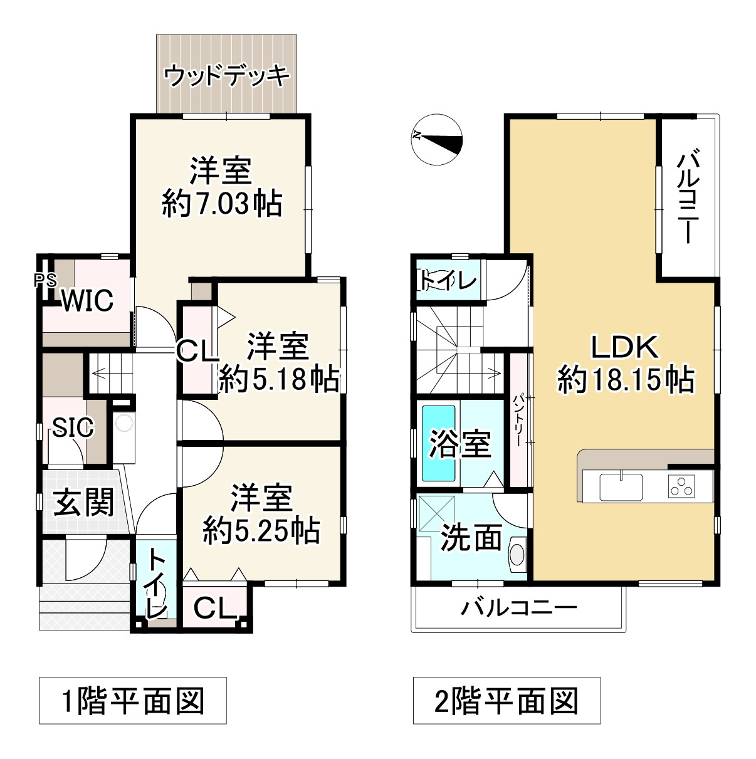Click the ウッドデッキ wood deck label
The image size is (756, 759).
pyautogui.click(x=227, y=76)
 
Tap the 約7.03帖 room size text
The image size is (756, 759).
pyautogui.click(x=222, y=203)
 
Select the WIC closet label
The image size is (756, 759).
pyautogui.click(x=87, y=300)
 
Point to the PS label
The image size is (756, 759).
pyautogui.click(x=45, y=280)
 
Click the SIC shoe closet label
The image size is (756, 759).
pyautogui.click(x=73, y=427)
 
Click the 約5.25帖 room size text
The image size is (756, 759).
pyautogui.click(x=261, y=531)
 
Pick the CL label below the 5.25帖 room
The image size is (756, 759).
pyautogui.click(x=214, y=606)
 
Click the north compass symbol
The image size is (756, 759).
pyautogui.click(x=438, y=141)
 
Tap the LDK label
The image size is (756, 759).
pyautogui.click(x=625, y=347)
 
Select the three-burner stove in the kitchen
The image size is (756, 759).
pyautogui.click(x=681, y=486)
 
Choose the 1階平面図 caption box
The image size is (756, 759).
pyautogui.click(x=133, y=700)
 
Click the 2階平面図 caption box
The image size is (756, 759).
pyautogui.click(x=506, y=700)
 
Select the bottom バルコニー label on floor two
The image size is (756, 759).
pyautogui.click(x=518, y=608)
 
